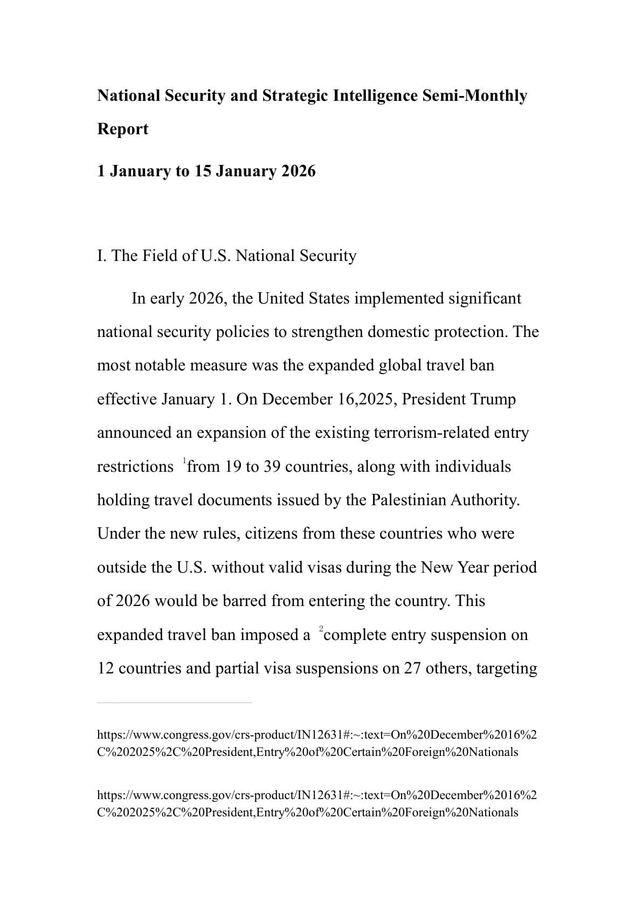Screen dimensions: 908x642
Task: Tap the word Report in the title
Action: (x=122, y=129)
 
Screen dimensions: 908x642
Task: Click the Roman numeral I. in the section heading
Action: (x=102, y=256)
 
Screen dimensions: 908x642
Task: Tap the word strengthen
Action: (x=327, y=332)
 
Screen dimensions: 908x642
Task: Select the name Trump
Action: (x=493, y=400)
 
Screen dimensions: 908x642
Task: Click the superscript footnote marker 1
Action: (x=184, y=460)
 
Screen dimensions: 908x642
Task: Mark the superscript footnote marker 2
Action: (x=321, y=629)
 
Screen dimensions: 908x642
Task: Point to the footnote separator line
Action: (x=174, y=703)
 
